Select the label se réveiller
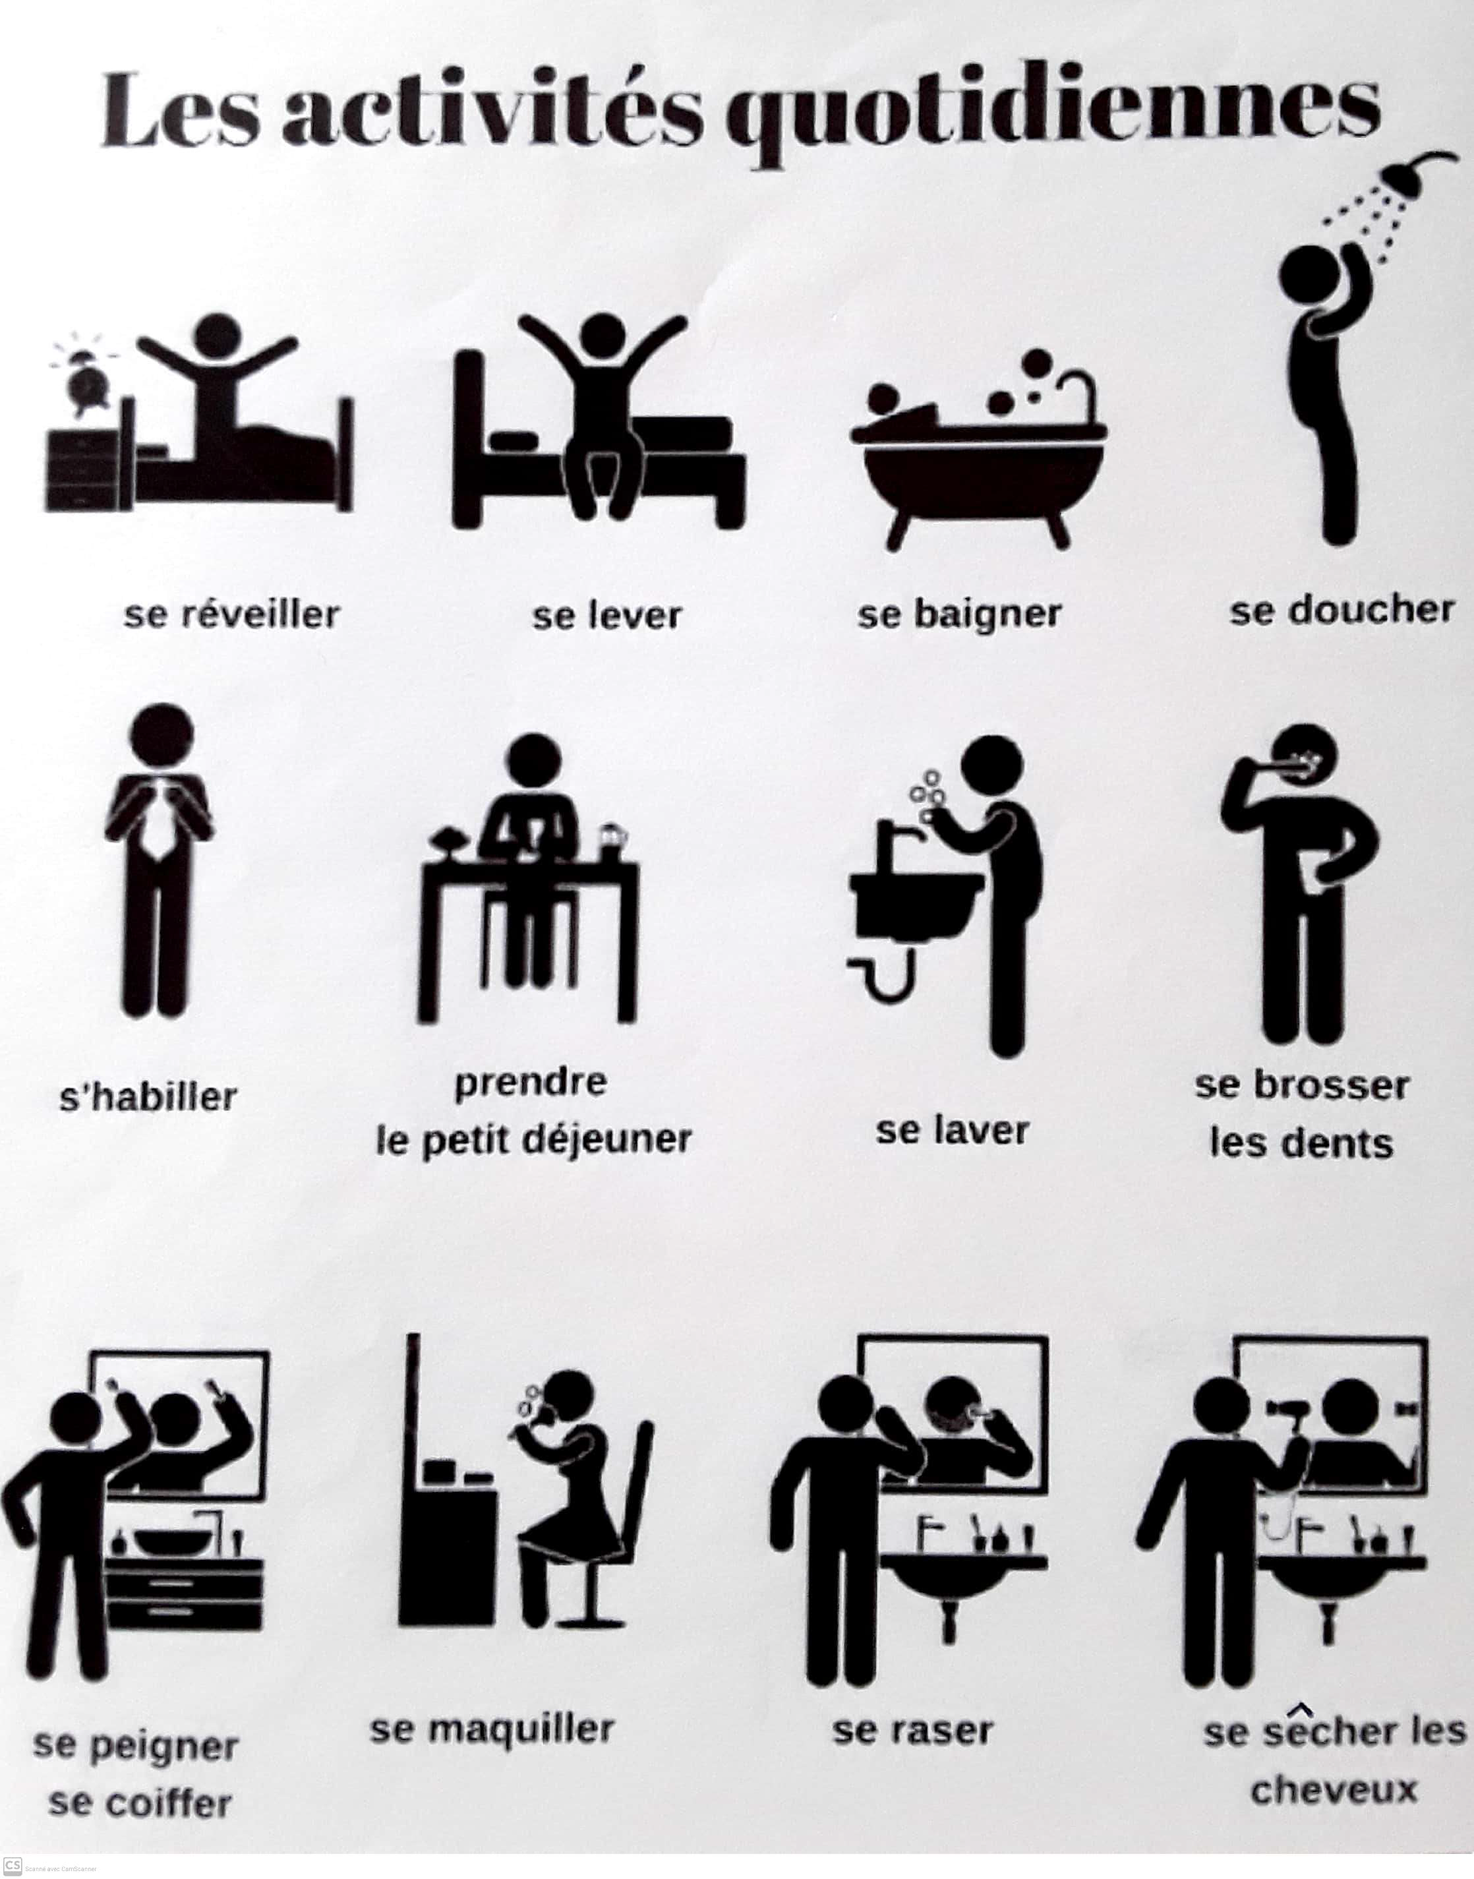click(x=232, y=614)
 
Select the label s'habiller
click(x=148, y=1097)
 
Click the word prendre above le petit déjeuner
click(x=531, y=1083)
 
